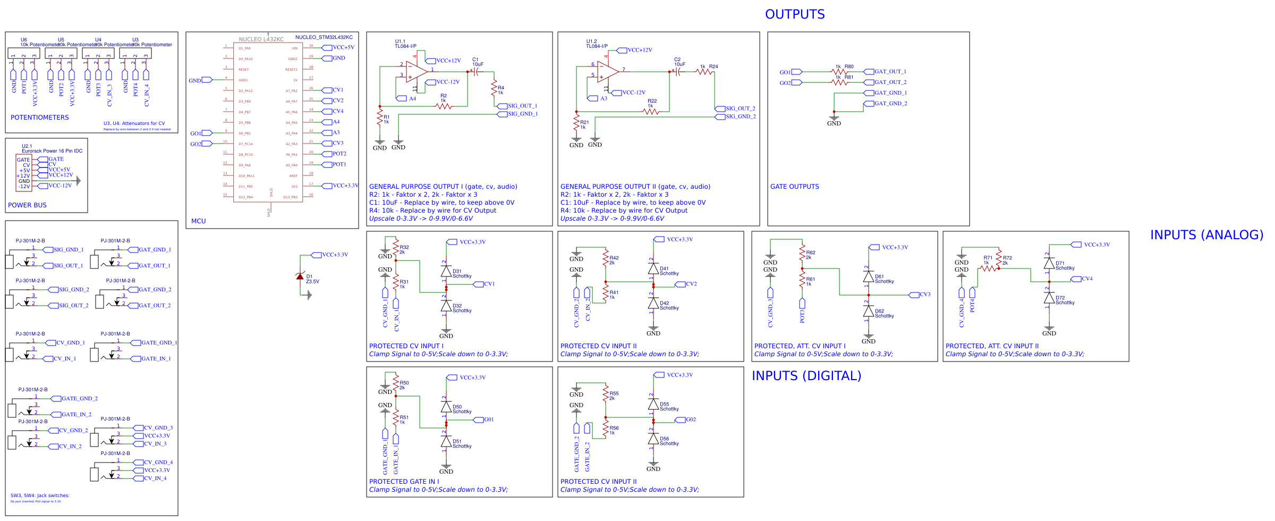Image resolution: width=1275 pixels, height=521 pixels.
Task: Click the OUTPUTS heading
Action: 795,14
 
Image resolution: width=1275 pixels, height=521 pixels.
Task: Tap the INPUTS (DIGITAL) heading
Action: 806,376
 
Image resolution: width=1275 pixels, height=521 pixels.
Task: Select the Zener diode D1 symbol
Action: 300,276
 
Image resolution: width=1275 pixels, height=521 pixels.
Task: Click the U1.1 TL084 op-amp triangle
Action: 416,71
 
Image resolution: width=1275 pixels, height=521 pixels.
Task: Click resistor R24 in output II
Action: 704,71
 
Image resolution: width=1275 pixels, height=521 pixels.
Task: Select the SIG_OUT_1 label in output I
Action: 522,106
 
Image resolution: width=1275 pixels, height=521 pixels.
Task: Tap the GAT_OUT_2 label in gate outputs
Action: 890,82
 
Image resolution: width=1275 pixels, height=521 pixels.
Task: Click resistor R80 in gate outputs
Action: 839,71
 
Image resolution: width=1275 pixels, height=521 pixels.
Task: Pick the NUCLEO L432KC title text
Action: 261,39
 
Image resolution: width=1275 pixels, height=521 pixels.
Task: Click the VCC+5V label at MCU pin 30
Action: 343,47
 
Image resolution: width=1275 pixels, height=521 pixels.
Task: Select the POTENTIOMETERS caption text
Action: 40,117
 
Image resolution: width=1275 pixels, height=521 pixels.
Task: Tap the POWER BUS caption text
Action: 27,205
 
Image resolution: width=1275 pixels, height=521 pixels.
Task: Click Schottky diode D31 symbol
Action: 446,271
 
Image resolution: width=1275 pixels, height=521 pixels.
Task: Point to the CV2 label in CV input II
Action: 691,284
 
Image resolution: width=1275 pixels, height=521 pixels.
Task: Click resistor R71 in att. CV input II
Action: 989,268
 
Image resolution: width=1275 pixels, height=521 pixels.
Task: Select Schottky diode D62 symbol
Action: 869,311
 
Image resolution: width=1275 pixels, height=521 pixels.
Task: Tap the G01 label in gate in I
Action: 488,419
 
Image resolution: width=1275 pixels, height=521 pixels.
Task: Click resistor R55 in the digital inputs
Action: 606,393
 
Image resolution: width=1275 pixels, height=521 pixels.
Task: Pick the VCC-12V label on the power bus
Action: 59,186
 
